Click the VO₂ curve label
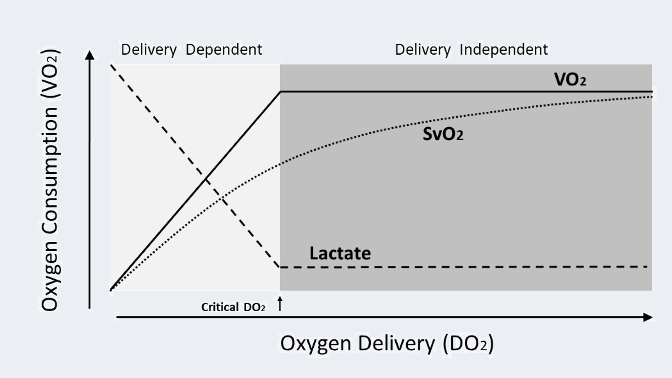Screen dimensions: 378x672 tap(570, 79)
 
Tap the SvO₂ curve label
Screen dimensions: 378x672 tap(443, 134)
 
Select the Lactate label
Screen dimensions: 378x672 tap(340, 253)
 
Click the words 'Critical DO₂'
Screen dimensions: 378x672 tap(233, 307)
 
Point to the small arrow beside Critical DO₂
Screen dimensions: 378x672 tap(280, 304)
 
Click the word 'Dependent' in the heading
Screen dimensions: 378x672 tap(224, 50)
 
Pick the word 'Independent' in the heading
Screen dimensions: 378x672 tap(504, 50)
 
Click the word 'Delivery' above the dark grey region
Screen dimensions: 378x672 tap(423, 50)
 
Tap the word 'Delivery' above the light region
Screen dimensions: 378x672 tap(149, 50)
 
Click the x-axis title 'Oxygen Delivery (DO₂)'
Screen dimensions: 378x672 tap(387, 343)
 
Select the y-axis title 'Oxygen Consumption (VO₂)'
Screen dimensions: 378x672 tap(50, 181)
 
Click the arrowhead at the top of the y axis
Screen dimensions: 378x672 tap(89, 55)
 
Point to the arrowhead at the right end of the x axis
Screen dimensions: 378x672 tap(648, 317)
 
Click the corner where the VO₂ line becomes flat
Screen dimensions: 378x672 tap(281, 92)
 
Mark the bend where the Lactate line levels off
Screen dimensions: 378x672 tap(279, 267)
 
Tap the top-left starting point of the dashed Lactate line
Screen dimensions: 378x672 tap(111, 65)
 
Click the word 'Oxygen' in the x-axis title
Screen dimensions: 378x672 tap(315, 343)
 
